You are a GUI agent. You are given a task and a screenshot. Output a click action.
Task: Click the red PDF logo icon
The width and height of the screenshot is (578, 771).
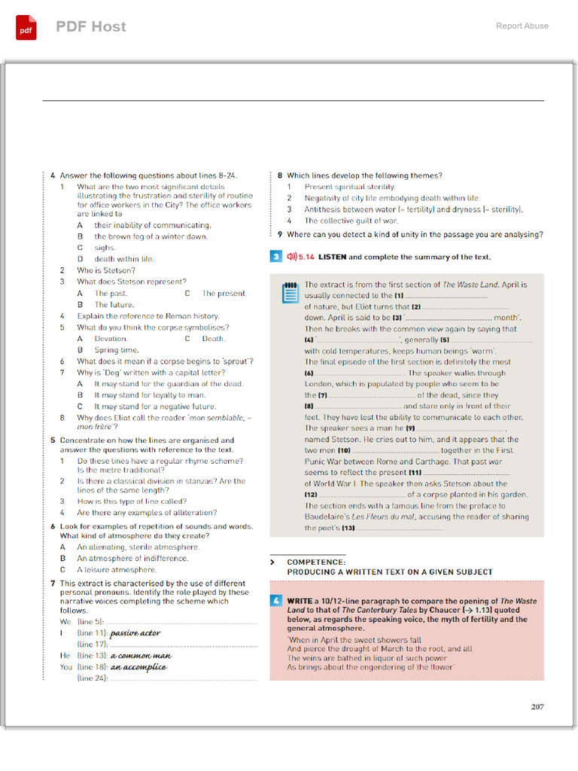coord(26,27)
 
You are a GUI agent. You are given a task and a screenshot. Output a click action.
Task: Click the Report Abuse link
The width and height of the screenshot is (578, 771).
coord(522,26)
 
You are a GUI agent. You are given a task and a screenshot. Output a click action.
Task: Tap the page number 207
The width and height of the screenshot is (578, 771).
coord(537,706)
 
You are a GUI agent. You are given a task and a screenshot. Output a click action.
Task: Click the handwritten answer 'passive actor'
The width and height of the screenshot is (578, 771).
coord(135,633)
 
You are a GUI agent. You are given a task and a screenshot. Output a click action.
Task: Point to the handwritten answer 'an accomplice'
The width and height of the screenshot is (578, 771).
coord(138,667)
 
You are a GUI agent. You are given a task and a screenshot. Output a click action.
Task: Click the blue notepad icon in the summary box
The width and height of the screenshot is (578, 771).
coord(290,293)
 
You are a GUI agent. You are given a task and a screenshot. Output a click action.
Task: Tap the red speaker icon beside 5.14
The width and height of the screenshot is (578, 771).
coord(292,257)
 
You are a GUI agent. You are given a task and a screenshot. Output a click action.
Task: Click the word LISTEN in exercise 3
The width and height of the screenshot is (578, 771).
coord(333,257)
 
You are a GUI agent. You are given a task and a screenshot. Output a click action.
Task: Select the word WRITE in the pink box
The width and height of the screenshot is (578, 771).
coord(300,602)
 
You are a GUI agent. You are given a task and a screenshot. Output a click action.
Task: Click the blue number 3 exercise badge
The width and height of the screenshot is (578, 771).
coord(276,257)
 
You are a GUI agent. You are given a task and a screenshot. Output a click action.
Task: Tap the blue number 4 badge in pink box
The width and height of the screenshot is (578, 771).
coord(276,601)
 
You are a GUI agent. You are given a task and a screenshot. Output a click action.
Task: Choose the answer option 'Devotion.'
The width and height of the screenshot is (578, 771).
coord(111,339)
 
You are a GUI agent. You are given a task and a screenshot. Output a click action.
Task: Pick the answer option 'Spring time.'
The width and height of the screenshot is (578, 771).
coord(117,350)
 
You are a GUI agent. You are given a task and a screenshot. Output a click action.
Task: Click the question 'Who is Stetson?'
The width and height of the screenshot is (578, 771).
coord(106,270)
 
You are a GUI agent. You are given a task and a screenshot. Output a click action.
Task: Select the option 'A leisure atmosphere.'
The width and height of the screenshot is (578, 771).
coord(117,570)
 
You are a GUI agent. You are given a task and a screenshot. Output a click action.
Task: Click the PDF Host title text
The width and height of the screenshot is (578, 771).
coord(91,26)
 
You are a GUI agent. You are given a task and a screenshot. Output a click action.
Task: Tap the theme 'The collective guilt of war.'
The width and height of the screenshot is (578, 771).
coord(351,221)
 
